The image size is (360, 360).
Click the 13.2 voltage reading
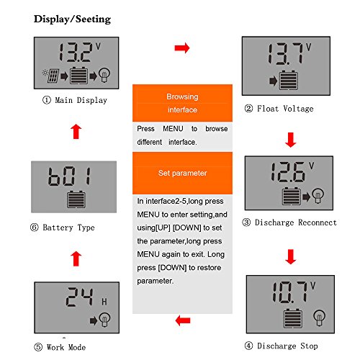pyautogui.click(x=76, y=53)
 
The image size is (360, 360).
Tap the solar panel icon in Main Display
pyautogui.click(x=53, y=76)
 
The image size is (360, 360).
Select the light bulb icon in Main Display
pyautogui.click(x=104, y=75)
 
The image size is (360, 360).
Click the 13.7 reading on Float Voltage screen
pyautogui.click(x=285, y=54)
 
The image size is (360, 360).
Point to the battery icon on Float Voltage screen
pyautogui.click(x=289, y=81)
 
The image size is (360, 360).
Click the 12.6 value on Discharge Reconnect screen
pyautogui.click(x=288, y=171)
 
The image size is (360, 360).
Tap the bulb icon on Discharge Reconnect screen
pyautogui.click(x=318, y=196)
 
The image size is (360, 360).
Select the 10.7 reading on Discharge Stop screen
pyautogui.click(x=290, y=292)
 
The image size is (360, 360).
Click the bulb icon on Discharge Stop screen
pyautogui.click(x=320, y=318)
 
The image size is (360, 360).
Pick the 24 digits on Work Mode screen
pyautogui.click(x=79, y=297)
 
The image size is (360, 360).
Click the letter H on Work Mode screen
pyautogui.click(x=104, y=302)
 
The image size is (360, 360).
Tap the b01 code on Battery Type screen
pyautogui.click(x=70, y=176)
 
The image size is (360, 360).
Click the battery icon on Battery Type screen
pyautogui.click(x=76, y=199)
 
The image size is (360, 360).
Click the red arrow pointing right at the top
pyautogui.click(x=182, y=48)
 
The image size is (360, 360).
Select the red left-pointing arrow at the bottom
pyautogui.click(x=183, y=320)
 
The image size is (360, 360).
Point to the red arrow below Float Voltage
pyautogui.click(x=291, y=140)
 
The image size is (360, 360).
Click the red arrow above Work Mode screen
pyautogui.click(x=76, y=258)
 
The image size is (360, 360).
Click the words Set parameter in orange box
pyautogui.click(x=182, y=173)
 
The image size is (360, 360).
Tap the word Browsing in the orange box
pyautogui.click(x=182, y=96)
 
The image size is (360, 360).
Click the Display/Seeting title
pyautogui.click(x=72, y=19)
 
